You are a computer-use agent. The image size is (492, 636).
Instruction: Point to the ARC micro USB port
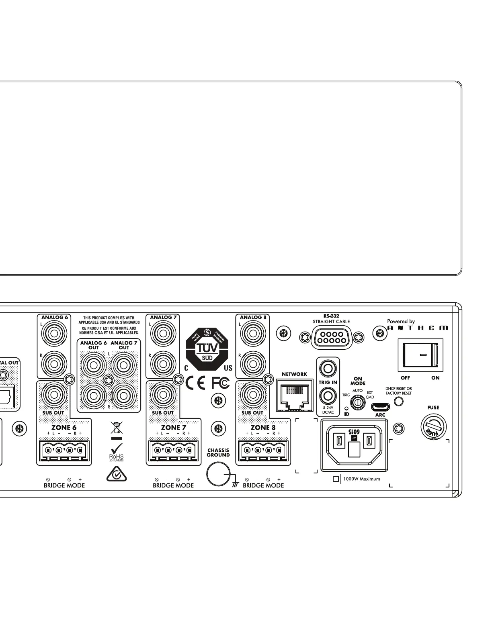(x=380, y=406)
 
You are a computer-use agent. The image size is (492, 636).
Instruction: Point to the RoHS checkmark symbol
(x=116, y=447)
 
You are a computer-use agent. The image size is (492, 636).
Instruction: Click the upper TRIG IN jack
(x=328, y=368)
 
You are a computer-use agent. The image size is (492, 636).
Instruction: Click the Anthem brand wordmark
(x=418, y=328)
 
